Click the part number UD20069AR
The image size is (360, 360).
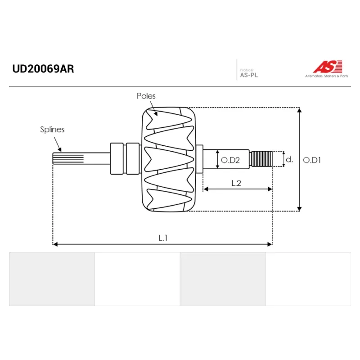[x=43, y=69]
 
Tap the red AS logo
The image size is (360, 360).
[x=328, y=67]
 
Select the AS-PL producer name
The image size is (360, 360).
[x=249, y=75]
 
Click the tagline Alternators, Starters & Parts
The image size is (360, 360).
[x=326, y=76]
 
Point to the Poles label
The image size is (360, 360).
[x=146, y=96]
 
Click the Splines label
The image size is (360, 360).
[x=52, y=130]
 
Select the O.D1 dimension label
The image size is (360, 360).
[x=312, y=160]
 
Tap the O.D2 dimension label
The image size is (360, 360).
[x=230, y=160]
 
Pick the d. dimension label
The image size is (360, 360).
[x=289, y=159]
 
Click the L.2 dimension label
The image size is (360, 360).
[x=236, y=183]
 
